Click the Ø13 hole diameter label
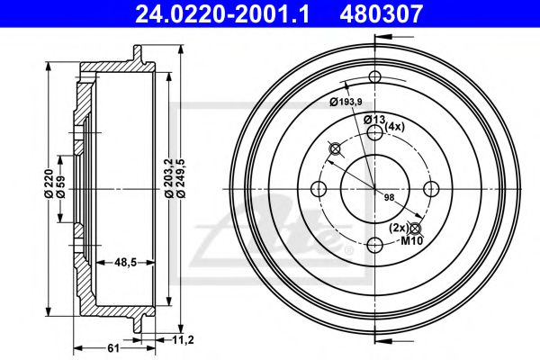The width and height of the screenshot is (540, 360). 373,121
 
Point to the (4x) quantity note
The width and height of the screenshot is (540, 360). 395,127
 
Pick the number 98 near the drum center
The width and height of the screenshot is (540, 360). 389,197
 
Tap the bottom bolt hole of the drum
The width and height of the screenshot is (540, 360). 373,243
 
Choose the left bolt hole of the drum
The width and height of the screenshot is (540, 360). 317,187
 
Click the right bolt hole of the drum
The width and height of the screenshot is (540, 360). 430,187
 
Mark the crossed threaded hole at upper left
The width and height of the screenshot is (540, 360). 335,148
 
